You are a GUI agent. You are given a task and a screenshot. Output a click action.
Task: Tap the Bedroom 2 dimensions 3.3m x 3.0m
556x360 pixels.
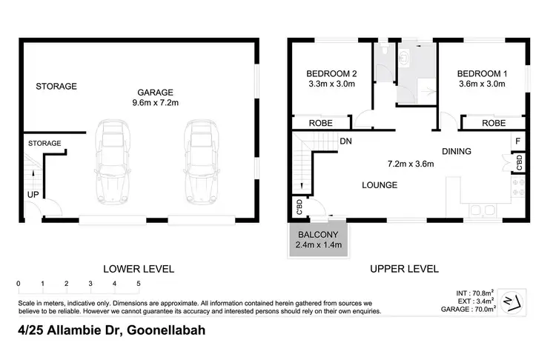[x=332, y=84]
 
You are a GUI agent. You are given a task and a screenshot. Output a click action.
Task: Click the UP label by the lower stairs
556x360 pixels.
[x=34, y=194]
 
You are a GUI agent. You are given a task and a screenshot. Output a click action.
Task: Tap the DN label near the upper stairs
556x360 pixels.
[x=345, y=141]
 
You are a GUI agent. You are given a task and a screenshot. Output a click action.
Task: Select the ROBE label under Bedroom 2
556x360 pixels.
[x=320, y=124]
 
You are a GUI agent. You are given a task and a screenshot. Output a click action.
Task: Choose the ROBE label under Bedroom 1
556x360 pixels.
[x=494, y=124]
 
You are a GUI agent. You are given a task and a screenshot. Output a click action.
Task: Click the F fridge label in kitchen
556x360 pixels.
[x=518, y=140]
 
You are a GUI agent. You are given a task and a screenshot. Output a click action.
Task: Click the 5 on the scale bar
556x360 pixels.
[x=139, y=284]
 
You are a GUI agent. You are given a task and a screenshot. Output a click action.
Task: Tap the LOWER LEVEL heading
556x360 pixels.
[x=139, y=269]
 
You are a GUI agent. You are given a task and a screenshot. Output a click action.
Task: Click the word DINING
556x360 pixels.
[x=456, y=152]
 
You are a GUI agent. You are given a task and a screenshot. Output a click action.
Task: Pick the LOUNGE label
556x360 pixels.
[x=379, y=184]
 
